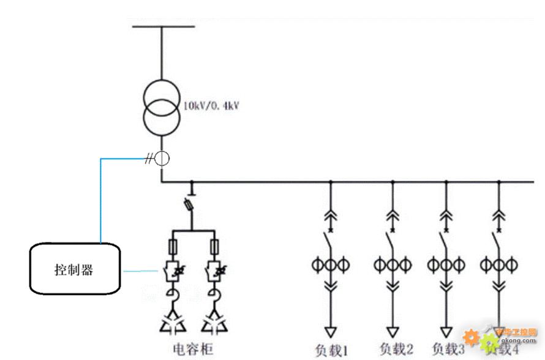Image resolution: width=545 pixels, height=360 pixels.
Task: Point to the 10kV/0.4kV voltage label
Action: coord(210,106)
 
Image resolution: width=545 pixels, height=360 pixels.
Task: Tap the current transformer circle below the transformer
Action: coord(162,159)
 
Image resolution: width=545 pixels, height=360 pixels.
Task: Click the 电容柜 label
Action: coord(194,349)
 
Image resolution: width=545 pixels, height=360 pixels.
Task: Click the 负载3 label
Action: coord(448,349)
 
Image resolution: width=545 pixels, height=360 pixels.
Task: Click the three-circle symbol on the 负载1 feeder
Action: coord(331,265)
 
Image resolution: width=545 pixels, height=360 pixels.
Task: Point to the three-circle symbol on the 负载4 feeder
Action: coord(499,265)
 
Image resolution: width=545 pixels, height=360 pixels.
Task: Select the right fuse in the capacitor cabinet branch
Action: coord(215,247)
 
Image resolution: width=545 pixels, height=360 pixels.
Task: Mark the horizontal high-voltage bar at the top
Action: coord(163,27)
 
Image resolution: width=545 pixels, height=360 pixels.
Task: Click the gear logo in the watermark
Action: coord(470,337)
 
